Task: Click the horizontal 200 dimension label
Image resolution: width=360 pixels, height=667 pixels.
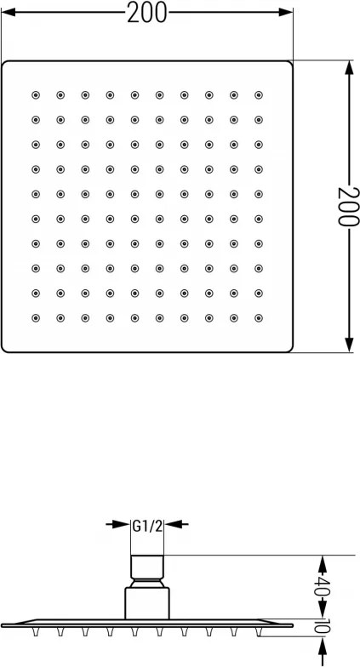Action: [147, 12]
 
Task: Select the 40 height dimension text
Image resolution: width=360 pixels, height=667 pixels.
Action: [323, 587]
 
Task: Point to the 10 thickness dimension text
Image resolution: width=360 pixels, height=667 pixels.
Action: [323, 626]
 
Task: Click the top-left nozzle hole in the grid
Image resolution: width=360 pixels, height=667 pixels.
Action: [36, 95]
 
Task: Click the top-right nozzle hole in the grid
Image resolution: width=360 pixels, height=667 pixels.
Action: [259, 95]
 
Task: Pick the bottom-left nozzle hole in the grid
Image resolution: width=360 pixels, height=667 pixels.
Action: [36, 318]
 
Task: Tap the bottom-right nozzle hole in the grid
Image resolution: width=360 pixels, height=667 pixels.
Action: [259, 318]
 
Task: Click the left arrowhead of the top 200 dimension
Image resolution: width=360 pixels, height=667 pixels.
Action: [9, 12]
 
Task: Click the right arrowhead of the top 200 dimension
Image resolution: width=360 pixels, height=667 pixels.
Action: [286, 12]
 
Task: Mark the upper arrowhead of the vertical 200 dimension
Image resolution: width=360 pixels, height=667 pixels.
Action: [349, 68]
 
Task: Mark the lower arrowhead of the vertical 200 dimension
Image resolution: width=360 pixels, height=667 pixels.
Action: [349, 345]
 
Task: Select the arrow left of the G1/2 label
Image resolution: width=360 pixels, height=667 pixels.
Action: [117, 524]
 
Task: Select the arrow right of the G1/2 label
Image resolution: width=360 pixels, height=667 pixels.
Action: [177, 524]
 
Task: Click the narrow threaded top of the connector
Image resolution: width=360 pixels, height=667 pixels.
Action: [147, 567]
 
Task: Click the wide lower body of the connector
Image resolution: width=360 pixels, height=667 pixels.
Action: [147, 603]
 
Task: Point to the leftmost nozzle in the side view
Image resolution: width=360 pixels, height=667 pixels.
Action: [36, 632]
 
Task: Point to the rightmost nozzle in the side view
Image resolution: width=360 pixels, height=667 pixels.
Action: [259, 632]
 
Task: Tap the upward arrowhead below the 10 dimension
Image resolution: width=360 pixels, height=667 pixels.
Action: [323, 645]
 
